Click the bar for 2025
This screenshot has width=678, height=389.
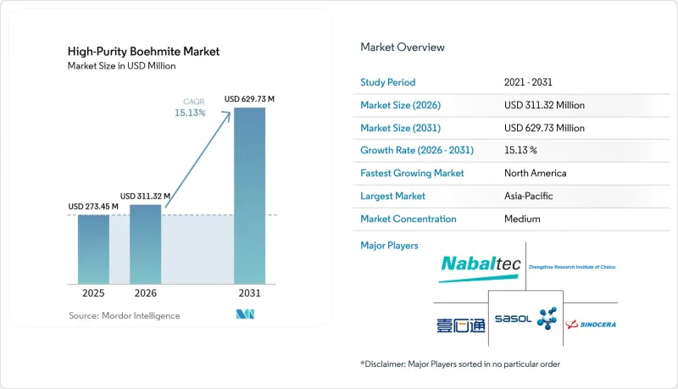tap(93, 249)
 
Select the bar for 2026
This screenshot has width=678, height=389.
tap(145, 244)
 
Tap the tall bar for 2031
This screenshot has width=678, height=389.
tap(249, 196)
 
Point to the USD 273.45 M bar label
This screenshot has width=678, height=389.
tap(93, 207)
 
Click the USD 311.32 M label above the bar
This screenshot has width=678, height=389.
tap(145, 197)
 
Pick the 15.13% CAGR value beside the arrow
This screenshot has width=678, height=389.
tap(190, 113)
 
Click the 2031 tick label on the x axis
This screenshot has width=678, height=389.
tap(249, 293)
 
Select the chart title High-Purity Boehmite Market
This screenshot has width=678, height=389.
tap(143, 52)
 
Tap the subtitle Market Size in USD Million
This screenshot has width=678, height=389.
tap(121, 66)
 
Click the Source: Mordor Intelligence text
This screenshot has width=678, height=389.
tap(124, 315)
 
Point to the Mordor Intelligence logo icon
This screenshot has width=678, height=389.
tap(245, 314)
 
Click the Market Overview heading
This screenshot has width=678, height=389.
tap(403, 47)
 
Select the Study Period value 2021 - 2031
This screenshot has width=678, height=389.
tap(528, 82)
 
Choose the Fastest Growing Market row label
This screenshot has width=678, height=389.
tap(412, 173)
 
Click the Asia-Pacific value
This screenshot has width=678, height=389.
tap(528, 196)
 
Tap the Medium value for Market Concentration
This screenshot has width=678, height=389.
tap(522, 219)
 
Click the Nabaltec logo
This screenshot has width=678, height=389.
tap(481, 269)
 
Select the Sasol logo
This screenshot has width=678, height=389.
tap(525, 319)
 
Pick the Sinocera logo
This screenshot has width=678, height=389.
tap(591, 324)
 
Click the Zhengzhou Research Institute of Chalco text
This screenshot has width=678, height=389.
tap(571, 267)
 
